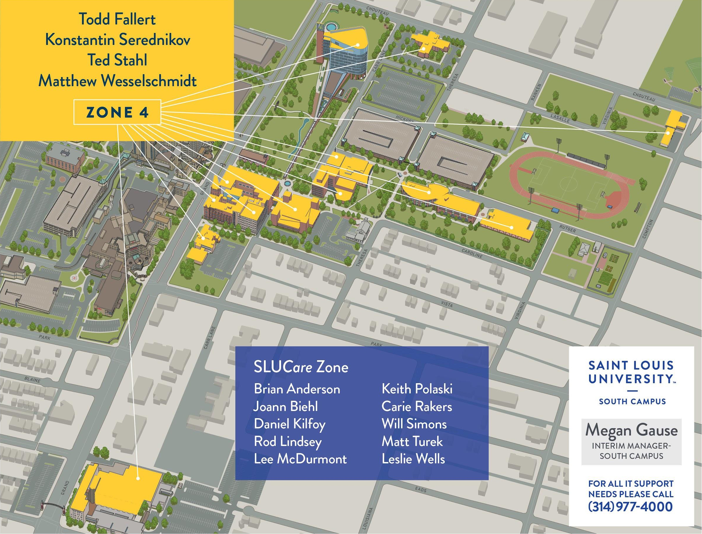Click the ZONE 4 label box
117,112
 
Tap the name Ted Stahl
118,60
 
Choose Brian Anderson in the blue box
297,389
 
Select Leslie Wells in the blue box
413,459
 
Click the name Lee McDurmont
300,459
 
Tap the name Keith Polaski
417,389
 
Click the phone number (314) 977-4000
631,506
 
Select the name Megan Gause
631,431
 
